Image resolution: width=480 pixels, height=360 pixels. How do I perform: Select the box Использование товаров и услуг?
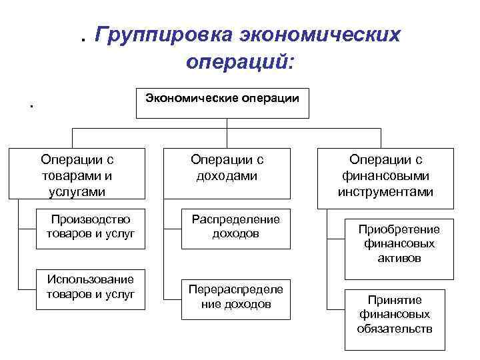pos(90,287)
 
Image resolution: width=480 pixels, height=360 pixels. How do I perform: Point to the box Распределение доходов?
pos(236,227)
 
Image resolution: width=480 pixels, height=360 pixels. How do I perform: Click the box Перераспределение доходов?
pos(236,297)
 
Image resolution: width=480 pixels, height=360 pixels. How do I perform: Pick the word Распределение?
pos(236,219)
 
